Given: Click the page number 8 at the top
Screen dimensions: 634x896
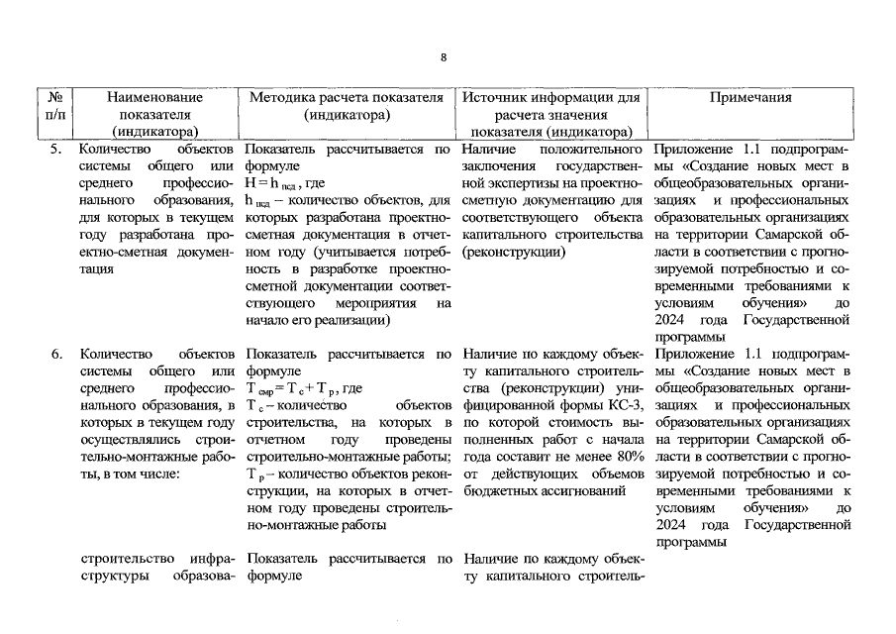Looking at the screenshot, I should [445, 56].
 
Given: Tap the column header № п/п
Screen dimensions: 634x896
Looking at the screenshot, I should [54, 114].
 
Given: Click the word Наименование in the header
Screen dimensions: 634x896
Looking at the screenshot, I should [154, 98].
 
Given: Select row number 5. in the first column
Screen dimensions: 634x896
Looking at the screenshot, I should [55, 149].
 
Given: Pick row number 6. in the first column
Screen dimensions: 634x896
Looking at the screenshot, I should [55, 354].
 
